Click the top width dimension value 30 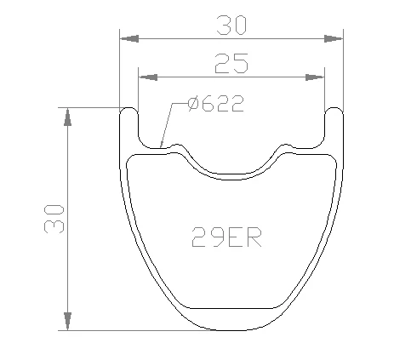231,26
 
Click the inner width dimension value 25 231,64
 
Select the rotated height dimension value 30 54,219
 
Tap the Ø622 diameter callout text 216,104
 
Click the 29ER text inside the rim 226,237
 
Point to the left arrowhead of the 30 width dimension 129,38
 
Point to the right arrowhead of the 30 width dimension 334,38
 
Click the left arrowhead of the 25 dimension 148,77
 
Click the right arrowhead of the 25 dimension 315,77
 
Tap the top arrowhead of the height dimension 67,117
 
